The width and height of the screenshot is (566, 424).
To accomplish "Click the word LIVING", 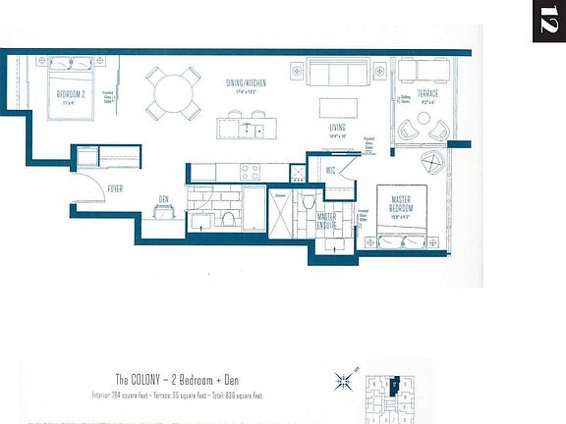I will (339, 127).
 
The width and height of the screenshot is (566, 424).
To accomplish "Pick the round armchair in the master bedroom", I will (433, 162).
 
